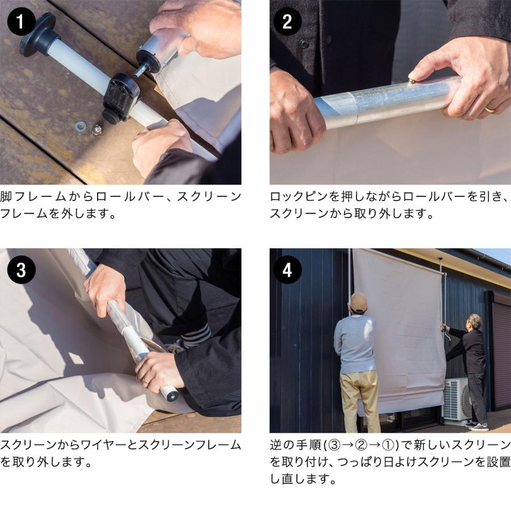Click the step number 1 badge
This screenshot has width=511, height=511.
coord(21,22)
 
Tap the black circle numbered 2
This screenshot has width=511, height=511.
coord(287,22)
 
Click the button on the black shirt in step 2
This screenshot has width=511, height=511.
coord(304,43)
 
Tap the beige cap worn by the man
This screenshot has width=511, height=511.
coord(358,302)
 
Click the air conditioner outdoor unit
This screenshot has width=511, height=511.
coord(457,399)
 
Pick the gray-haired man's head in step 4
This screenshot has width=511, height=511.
coord(475,321)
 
